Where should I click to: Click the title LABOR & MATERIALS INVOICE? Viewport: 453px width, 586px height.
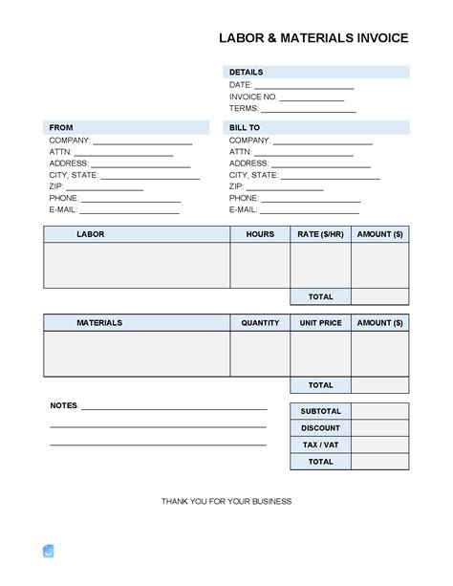(314, 38)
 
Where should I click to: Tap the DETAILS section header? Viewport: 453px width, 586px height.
(246, 72)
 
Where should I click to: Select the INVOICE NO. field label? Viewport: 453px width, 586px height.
(252, 98)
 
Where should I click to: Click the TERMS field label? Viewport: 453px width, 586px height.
(245, 110)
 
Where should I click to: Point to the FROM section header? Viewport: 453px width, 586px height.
(60, 127)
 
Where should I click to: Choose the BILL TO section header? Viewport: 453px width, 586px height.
(245, 127)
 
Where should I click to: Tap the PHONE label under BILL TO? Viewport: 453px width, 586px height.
(244, 198)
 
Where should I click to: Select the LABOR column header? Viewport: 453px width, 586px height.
(91, 234)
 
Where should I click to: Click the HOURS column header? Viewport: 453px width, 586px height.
(260, 234)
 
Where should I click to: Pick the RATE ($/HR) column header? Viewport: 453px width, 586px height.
(320, 234)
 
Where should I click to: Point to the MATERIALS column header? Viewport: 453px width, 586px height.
(99, 323)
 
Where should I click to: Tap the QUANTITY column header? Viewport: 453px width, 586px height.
(260, 323)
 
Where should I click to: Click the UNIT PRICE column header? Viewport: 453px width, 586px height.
(320, 323)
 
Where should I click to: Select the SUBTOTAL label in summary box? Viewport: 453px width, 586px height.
(320, 411)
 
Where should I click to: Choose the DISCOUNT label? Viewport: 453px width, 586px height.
(320, 428)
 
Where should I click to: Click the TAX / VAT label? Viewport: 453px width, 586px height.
(320, 445)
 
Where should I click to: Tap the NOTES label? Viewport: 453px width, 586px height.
(64, 405)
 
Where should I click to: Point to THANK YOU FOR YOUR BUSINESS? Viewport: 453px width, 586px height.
(226, 501)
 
